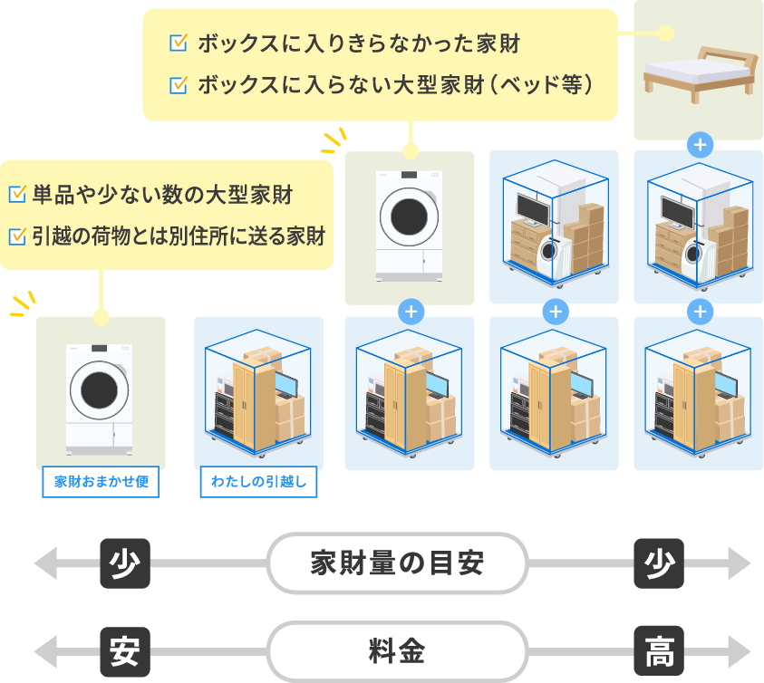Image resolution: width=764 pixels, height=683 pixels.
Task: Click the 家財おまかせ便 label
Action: [x=101, y=482]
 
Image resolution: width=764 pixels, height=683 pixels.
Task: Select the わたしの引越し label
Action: [x=258, y=482]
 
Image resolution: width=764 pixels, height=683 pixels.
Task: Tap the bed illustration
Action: [x=698, y=72]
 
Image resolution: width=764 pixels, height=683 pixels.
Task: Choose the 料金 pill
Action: [x=397, y=651]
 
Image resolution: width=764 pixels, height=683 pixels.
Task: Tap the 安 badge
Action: [x=124, y=651]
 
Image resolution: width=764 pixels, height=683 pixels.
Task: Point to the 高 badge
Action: [x=659, y=651]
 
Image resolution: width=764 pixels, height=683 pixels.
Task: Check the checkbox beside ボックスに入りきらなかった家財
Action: [x=178, y=43]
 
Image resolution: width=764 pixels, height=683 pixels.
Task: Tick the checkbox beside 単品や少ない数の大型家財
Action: [x=16, y=194]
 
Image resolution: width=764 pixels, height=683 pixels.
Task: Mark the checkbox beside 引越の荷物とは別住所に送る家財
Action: [x=16, y=236]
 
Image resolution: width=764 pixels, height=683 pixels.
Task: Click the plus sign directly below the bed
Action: [x=699, y=143]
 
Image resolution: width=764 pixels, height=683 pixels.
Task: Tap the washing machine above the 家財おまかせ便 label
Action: [x=100, y=395]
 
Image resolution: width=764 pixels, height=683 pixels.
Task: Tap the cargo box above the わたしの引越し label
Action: [x=258, y=393]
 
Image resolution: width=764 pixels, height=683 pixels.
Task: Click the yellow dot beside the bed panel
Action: [x=666, y=34]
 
